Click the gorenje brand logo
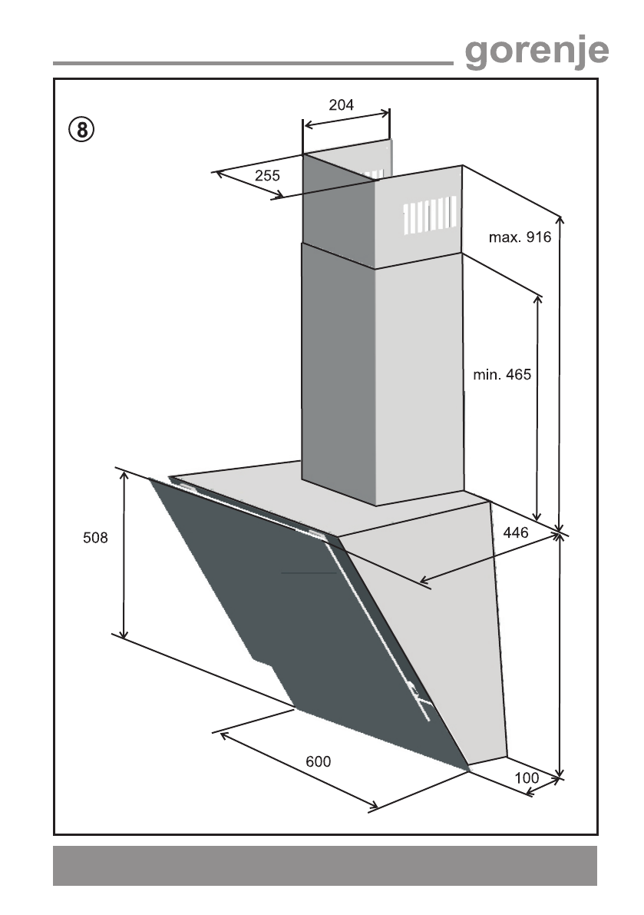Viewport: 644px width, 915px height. tap(537, 51)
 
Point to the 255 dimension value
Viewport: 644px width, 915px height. tap(266, 176)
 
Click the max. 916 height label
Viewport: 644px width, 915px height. tap(520, 237)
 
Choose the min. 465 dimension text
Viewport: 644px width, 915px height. tap(501, 375)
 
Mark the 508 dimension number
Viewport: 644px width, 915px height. tap(95, 538)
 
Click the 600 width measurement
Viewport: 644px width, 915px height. tap(318, 761)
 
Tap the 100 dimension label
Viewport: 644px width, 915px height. tap(527, 777)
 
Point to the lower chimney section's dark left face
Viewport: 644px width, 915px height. tap(338, 376)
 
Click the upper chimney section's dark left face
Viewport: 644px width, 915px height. tap(338, 207)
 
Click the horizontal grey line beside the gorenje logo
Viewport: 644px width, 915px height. tap(253, 62)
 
